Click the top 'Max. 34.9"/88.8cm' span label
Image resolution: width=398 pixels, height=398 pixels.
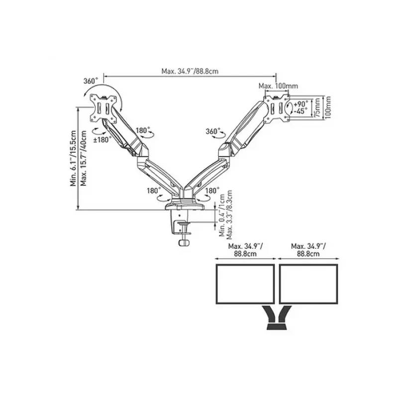190,71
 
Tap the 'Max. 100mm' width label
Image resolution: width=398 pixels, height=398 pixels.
278,86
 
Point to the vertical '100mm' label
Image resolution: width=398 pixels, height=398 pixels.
328,107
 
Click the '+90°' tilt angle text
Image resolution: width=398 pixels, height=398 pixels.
301,104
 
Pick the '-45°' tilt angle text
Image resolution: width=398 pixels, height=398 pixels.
301,111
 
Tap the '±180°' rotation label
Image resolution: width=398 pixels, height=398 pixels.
103,140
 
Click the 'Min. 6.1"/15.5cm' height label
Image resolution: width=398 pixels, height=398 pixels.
73,158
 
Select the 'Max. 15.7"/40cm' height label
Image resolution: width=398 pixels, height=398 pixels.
83,158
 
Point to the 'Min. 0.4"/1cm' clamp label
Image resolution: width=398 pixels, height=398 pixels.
222,215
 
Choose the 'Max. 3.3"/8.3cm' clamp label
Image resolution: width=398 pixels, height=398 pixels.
229,215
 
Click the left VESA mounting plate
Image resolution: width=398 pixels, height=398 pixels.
103,107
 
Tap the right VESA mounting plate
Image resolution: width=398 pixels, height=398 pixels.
277,108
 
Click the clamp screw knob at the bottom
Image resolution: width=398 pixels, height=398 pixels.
185,243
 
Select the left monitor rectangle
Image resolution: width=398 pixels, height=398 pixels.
245,284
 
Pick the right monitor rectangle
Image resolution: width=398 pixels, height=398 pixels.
308,284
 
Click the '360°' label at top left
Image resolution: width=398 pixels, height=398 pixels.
91,81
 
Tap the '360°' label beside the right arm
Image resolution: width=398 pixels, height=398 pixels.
213,131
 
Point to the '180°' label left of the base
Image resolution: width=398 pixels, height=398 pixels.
154,191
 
